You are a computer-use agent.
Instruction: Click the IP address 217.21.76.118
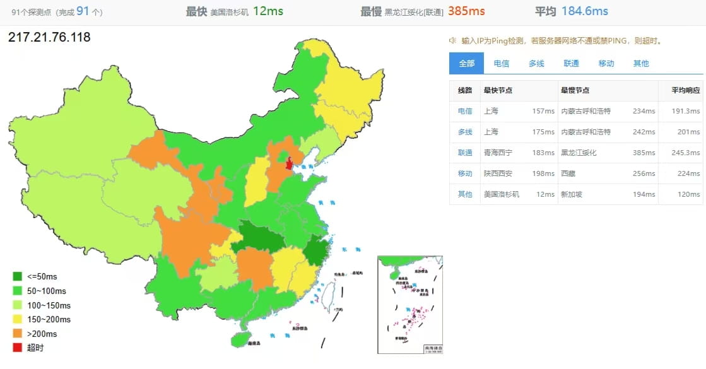(49, 37)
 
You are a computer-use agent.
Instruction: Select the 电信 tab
(502, 63)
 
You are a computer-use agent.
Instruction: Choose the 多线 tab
(536, 63)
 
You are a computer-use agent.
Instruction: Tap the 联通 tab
(571, 63)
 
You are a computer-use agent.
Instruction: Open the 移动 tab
(606, 63)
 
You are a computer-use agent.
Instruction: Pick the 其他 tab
(640, 63)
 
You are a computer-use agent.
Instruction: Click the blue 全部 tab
(467, 63)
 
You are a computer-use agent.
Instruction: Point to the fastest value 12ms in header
(268, 11)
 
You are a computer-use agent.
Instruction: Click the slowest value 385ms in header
(466, 11)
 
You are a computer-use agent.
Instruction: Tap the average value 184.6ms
(584, 11)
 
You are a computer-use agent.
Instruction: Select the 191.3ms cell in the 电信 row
(686, 111)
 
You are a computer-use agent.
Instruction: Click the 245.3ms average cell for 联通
(686, 153)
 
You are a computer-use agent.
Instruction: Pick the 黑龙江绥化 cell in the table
(579, 153)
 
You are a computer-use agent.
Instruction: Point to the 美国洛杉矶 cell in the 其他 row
(502, 194)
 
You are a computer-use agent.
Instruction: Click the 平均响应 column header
(686, 90)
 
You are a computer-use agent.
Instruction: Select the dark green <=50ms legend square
(17, 276)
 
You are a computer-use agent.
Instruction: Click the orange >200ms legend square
(17, 334)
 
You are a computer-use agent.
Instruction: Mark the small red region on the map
(290, 164)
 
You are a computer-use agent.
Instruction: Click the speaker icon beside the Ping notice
(453, 40)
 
